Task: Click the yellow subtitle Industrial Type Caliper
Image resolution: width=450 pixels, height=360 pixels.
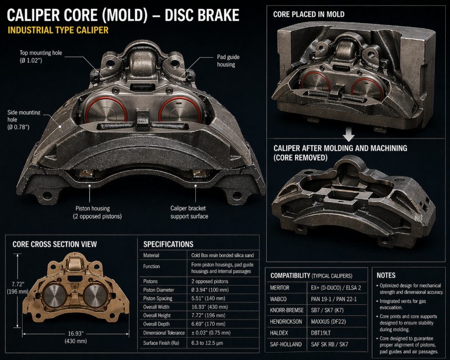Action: coord(58,30)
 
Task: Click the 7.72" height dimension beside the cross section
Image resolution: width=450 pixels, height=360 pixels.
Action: coord(13,288)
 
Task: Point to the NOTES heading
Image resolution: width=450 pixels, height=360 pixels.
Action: coord(386,275)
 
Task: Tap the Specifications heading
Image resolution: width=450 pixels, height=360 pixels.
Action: coord(168,244)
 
